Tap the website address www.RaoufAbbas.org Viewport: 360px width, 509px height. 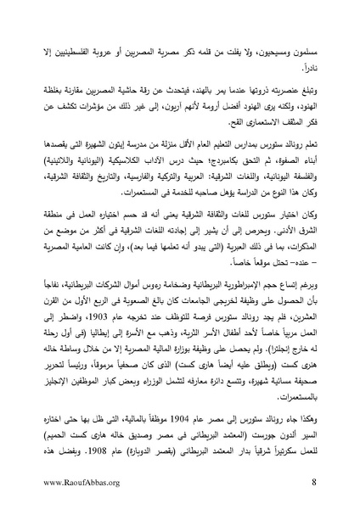[x=82, y=484]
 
